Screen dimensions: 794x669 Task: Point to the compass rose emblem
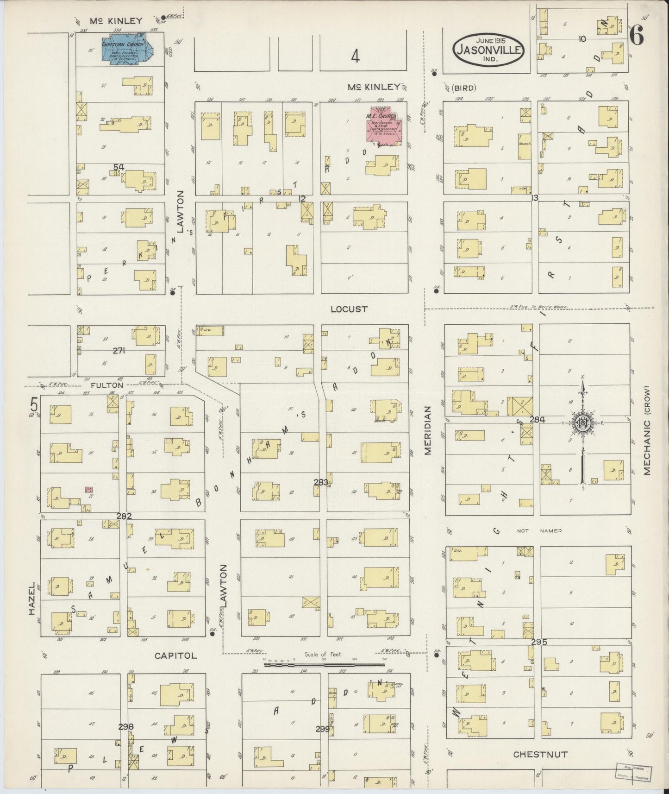[581, 423]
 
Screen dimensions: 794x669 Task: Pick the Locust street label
[349, 309]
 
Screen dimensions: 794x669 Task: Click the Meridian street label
[428, 430]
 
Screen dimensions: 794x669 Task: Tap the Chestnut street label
[540, 754]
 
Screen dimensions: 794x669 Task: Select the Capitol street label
[175, 655]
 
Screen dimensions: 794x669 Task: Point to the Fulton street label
[107, 385]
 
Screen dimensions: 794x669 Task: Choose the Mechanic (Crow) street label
[647, 430]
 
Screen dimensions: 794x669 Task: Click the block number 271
[119, 351]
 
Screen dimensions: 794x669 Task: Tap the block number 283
[321, 482]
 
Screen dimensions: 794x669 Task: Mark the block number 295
[539, 643]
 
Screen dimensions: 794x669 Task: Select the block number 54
[119, 167]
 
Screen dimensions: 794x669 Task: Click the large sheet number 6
[637, 37]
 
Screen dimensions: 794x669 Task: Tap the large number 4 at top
[355, 57]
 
